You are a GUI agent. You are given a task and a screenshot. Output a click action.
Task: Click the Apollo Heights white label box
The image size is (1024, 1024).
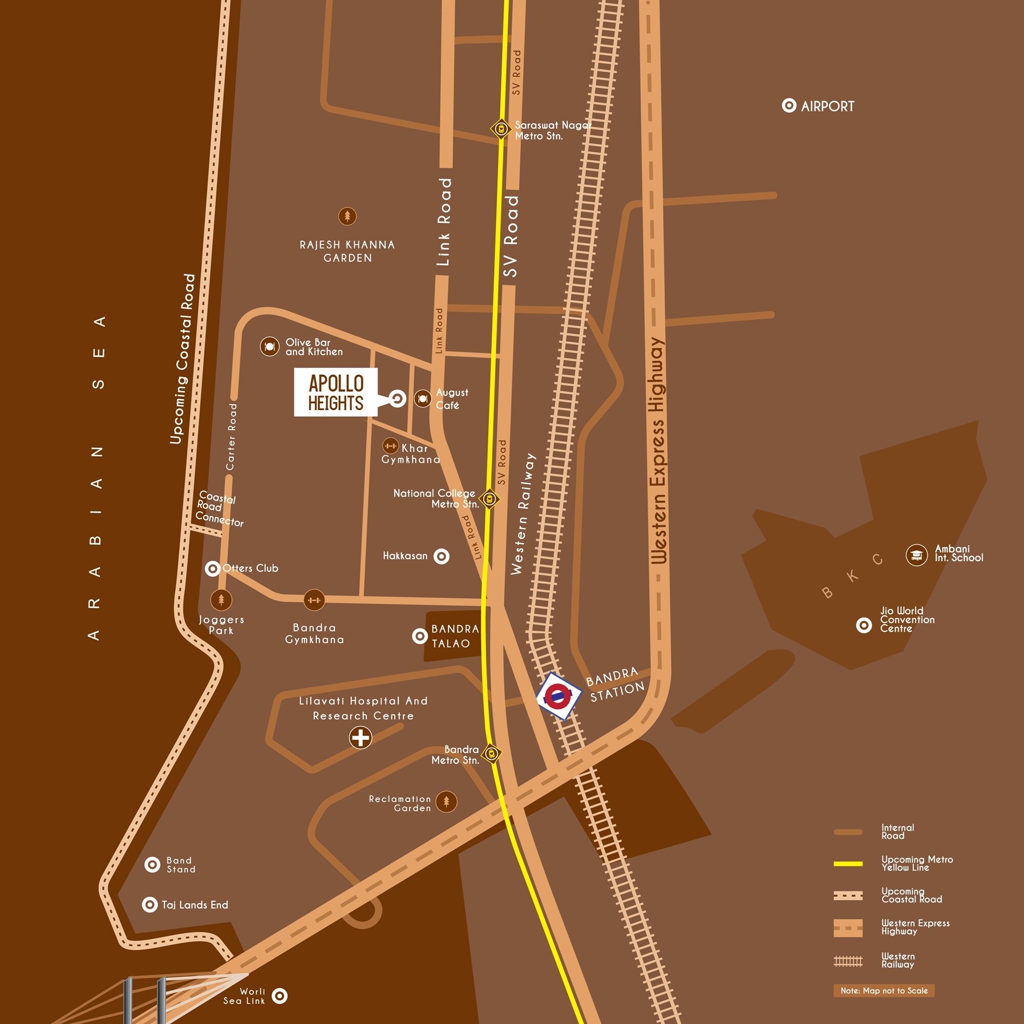pos(335,392)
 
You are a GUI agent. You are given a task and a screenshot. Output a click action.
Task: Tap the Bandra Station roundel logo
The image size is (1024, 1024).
pos(559,695)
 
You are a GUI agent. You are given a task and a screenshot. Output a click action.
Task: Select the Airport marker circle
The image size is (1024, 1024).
pos(788,105)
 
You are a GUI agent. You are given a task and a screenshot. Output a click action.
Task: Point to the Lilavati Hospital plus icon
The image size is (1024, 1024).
pos(360,737)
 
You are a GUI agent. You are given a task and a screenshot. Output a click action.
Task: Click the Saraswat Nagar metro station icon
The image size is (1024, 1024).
pos(500,129)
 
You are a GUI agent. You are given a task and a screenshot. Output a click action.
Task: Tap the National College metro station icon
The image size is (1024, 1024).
pos(489,498)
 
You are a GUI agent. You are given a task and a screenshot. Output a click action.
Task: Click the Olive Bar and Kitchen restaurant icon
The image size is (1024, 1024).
pos(269,347)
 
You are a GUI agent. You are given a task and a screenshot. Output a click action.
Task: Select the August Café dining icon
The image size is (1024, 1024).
pos(422,398)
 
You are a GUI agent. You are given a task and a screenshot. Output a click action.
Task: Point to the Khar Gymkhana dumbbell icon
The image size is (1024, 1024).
pos(390,446)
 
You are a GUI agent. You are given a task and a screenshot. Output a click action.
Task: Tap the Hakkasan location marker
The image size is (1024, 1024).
pos(441,557)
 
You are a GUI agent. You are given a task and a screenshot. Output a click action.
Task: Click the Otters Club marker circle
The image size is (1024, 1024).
pos(212,569)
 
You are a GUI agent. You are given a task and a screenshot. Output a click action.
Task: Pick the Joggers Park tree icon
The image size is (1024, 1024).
pos(221,600)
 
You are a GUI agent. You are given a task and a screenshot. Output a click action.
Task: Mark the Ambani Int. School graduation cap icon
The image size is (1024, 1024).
pos(916,555)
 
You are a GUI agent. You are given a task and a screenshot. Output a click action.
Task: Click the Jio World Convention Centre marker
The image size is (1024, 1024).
pos(864,626)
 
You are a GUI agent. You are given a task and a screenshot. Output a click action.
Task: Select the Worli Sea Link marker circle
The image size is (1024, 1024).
pos(280,996)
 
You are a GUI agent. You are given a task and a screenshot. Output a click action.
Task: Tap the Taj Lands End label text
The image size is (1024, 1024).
pos(195,905)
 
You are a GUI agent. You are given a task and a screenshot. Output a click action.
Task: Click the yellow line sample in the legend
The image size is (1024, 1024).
pos(848,863)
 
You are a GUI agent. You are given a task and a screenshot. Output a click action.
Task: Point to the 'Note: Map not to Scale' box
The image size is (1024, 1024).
pos(884,990)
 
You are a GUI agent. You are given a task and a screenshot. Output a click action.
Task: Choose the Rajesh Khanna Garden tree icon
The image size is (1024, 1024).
pos(347,216)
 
